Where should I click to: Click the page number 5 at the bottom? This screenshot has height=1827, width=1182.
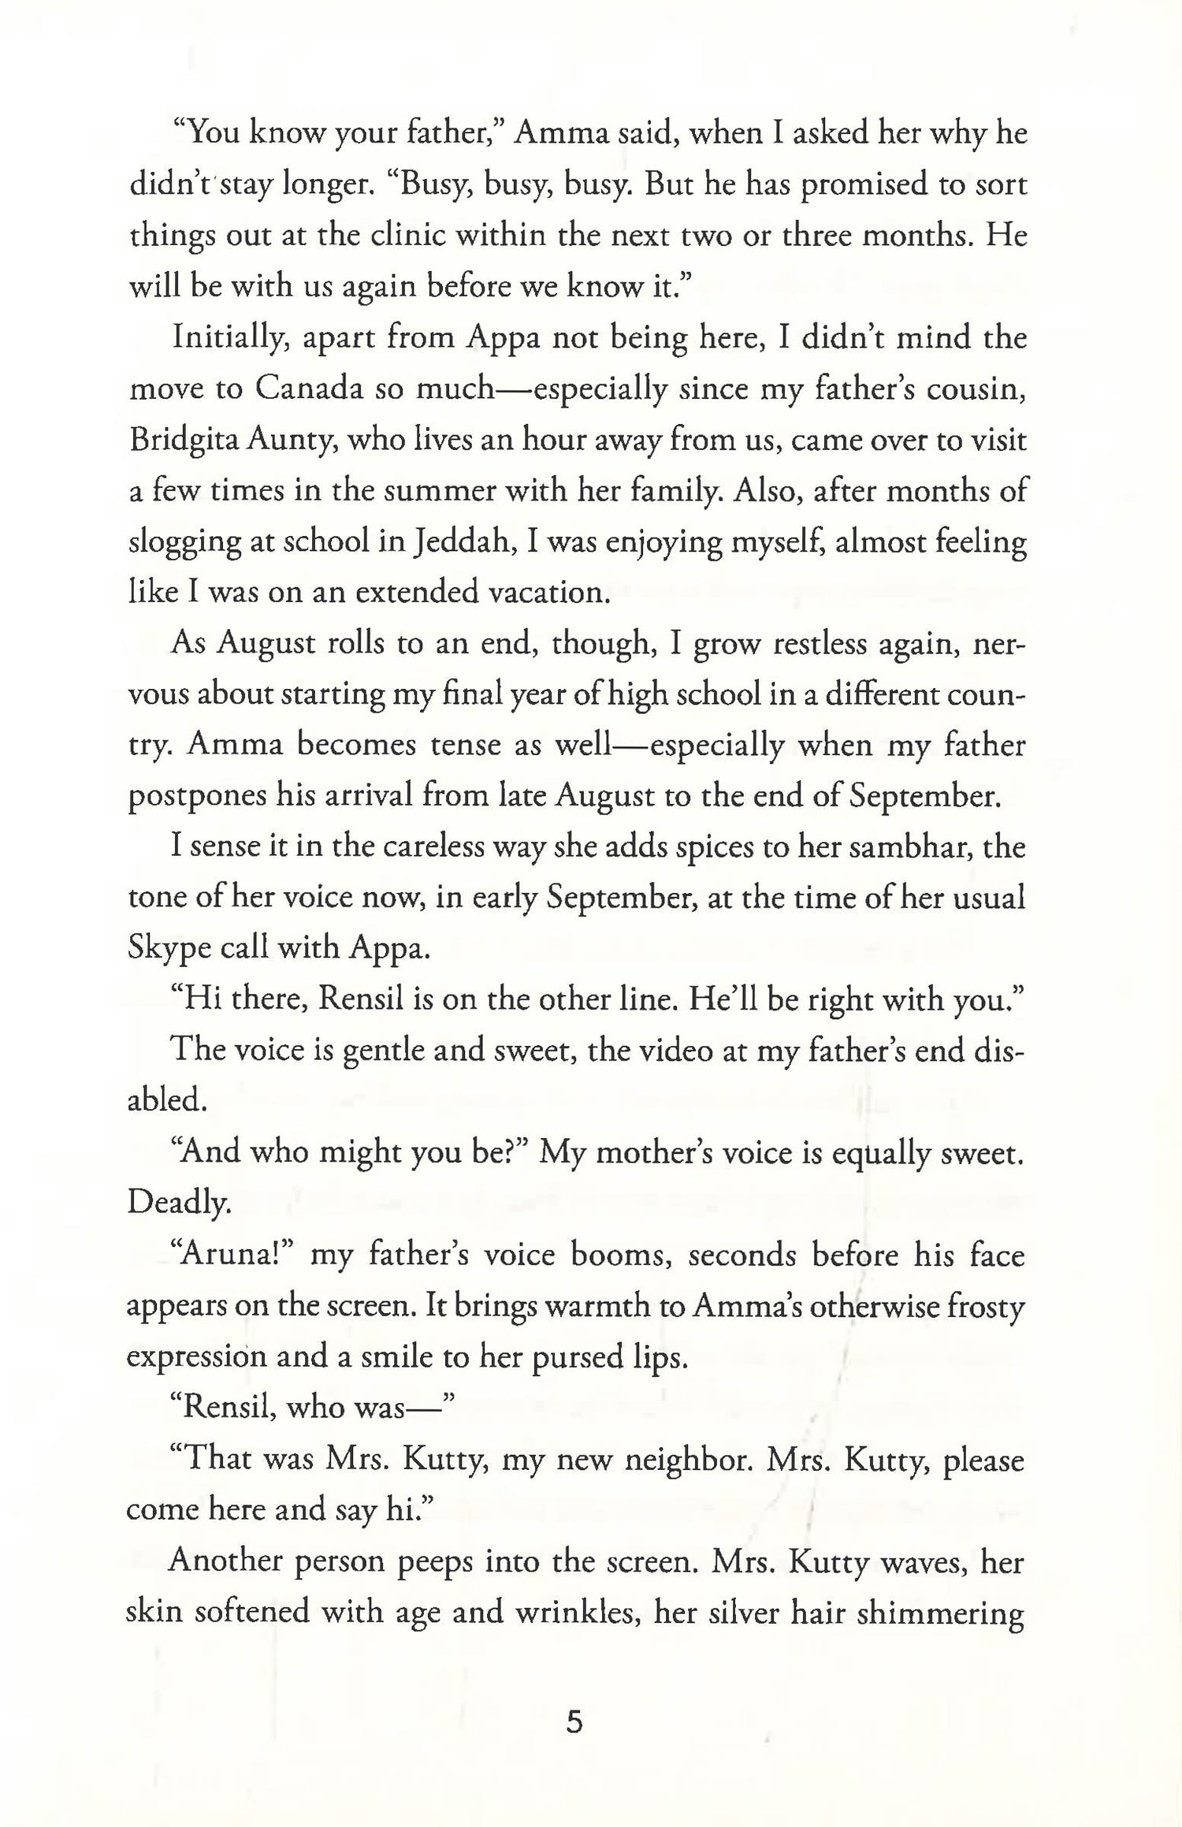point(574,1723)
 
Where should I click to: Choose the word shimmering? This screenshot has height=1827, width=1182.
point(939,1612)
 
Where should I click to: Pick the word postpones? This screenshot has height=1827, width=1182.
point(195,797)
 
